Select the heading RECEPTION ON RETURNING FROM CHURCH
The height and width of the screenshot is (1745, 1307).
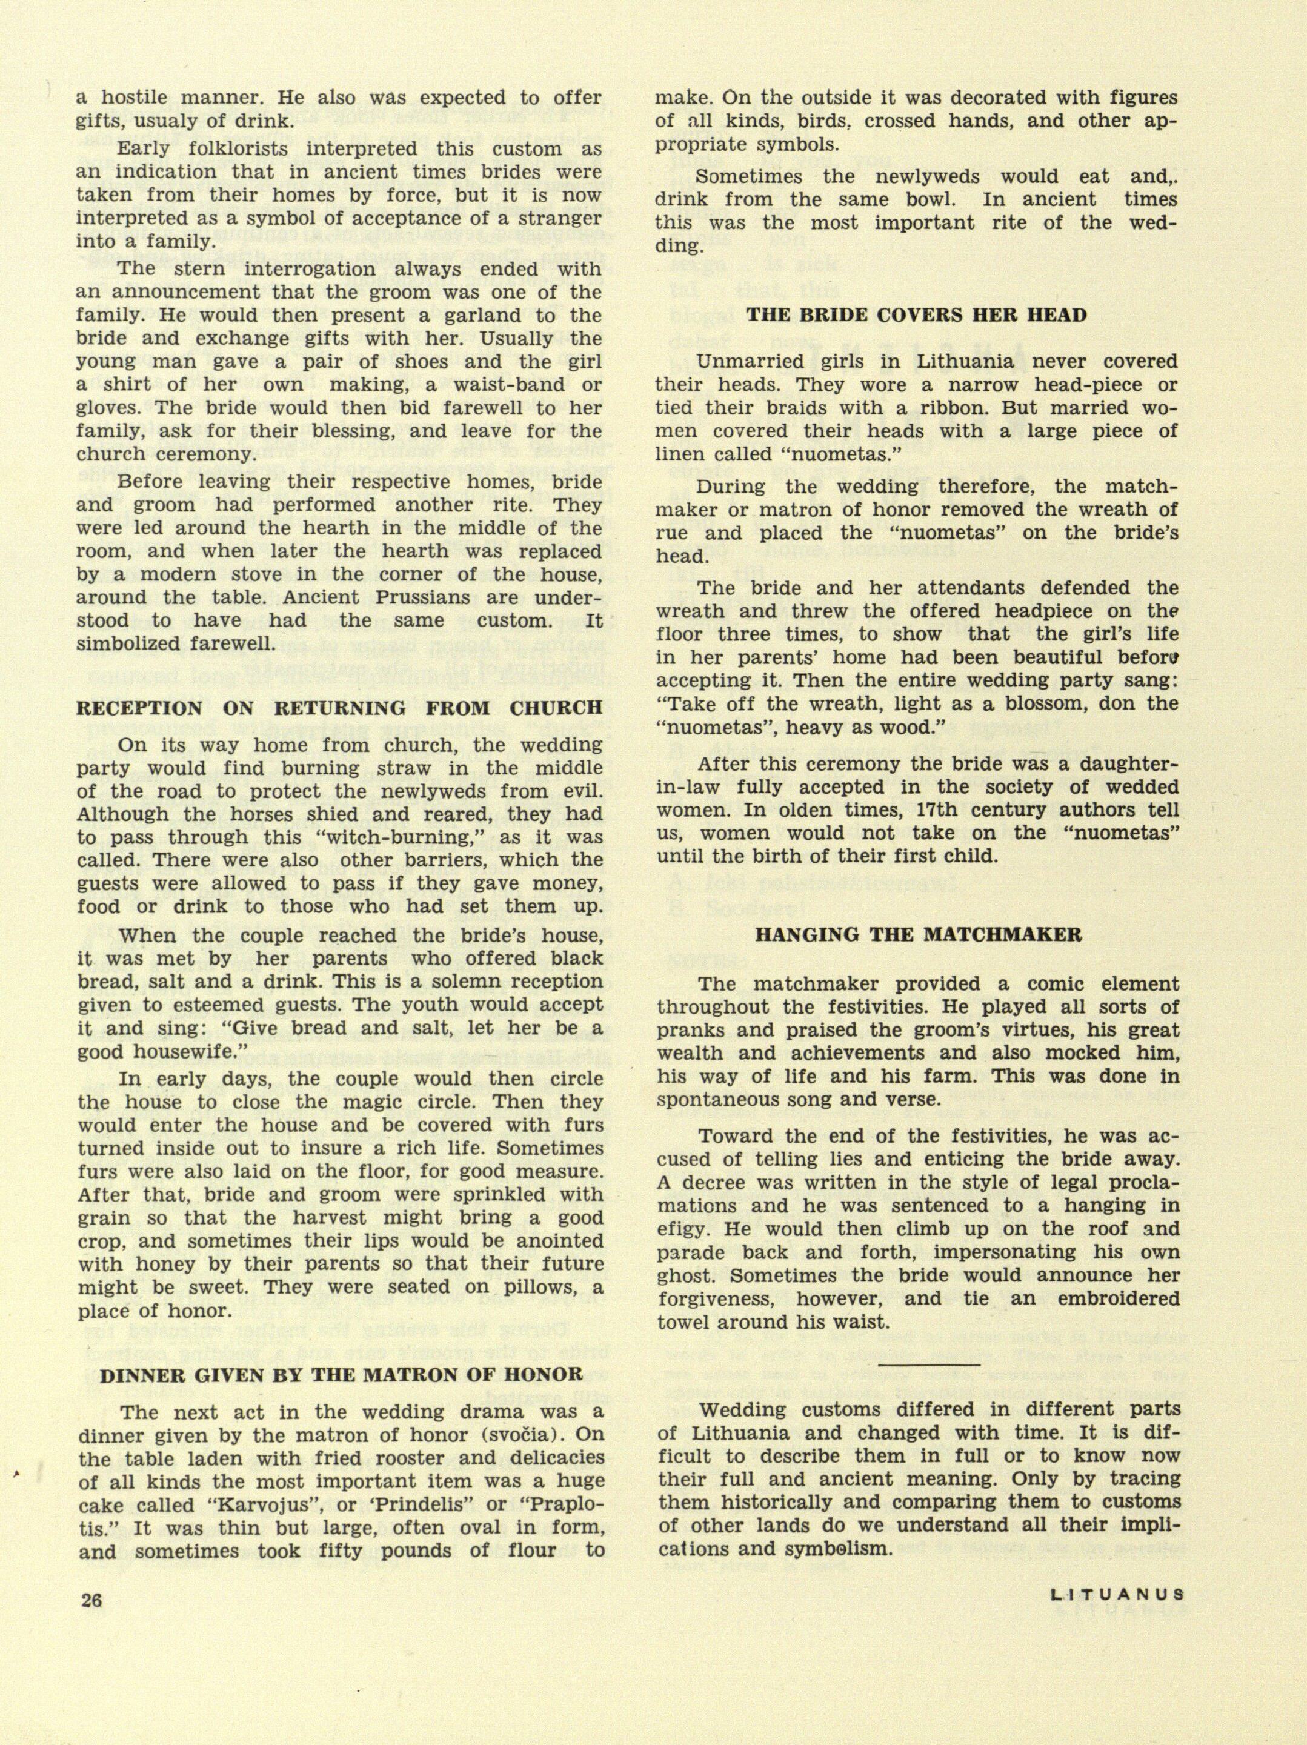339,708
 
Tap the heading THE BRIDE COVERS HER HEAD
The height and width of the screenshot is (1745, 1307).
917,316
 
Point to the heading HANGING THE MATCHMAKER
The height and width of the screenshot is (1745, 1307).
918,936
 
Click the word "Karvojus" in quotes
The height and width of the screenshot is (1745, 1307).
274,1504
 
